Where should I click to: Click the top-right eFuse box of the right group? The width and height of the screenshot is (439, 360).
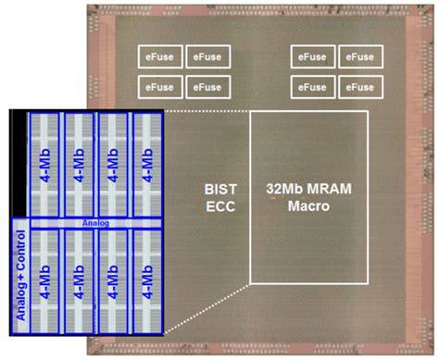point(360,56)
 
